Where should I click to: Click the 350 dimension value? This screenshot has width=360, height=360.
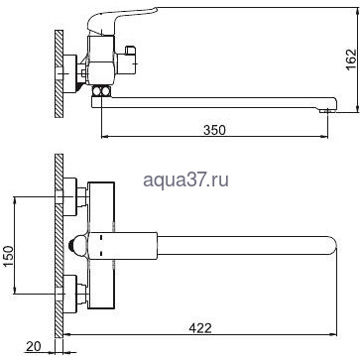tap(214, 130)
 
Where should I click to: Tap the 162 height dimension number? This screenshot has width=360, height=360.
tap(351, 60)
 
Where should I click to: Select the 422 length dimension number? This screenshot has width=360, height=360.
tap(200, 328)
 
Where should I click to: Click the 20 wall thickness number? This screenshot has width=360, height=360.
tap(33, 346)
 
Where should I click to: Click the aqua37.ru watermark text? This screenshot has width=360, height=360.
tap(186, 180)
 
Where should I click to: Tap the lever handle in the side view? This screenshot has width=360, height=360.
tap(120, 20)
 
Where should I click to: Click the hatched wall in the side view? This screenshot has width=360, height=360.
tap(59, 73)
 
